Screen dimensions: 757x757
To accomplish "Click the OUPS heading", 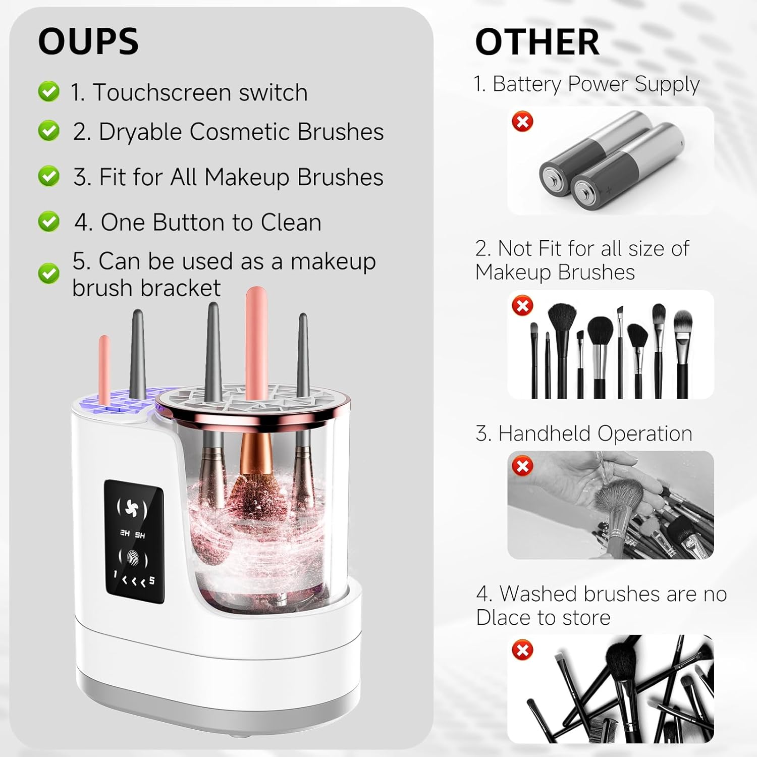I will pos(88,41).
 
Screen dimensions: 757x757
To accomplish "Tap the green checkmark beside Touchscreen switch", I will pos(48,91).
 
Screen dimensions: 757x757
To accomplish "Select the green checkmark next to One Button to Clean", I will pos(48,222).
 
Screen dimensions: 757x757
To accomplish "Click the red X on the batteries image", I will pos(522,122).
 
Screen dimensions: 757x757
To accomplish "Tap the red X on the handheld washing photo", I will pos(522,466).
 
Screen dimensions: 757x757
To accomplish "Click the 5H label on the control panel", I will pos(140,535).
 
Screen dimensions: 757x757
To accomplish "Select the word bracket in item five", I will pos(181,288).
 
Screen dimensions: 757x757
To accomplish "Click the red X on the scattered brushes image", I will pos(522,650).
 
